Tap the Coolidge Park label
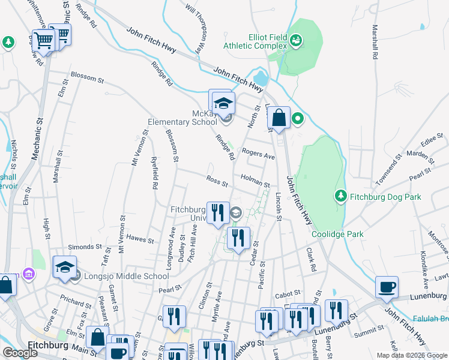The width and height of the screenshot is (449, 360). coord(338,234)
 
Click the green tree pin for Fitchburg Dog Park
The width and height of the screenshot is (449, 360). coord(341,196)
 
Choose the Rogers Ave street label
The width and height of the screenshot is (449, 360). coord(258,154)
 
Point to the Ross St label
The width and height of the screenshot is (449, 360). coord(217,181)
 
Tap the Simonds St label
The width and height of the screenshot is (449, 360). coord(85,247)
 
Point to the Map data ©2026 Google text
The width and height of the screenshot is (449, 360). coord(411,355)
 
